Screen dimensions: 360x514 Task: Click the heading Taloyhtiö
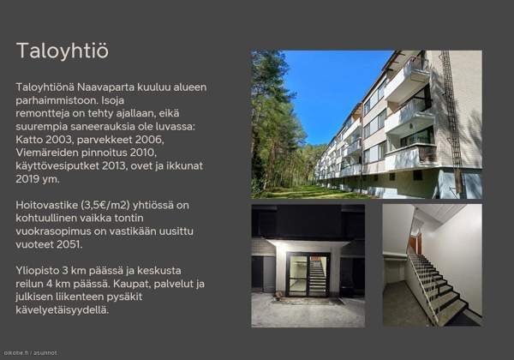click(x=63, y=51)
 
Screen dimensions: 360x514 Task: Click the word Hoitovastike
click(x=51, y=205)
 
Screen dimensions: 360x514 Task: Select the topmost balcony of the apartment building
click(x=409, y=73)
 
